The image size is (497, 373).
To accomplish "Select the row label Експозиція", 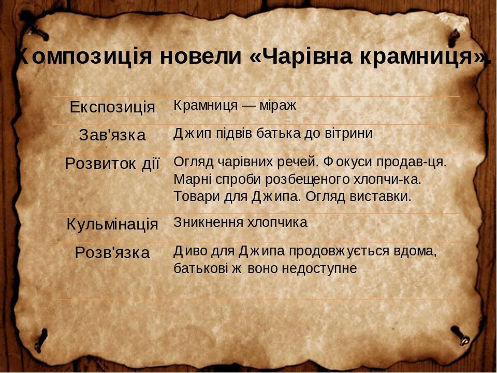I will click(112, 107).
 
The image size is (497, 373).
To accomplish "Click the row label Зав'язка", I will click(112, 135).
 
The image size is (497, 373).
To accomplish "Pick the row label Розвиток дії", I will click(112, 163).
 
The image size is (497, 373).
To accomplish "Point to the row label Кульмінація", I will click(112, 224).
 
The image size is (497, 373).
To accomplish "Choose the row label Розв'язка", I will click(112, 253).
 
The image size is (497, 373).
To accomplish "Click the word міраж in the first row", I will click(278, 106).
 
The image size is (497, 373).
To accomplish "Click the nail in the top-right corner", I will click(454, 37).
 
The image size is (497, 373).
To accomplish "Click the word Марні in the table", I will click(191, 179).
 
